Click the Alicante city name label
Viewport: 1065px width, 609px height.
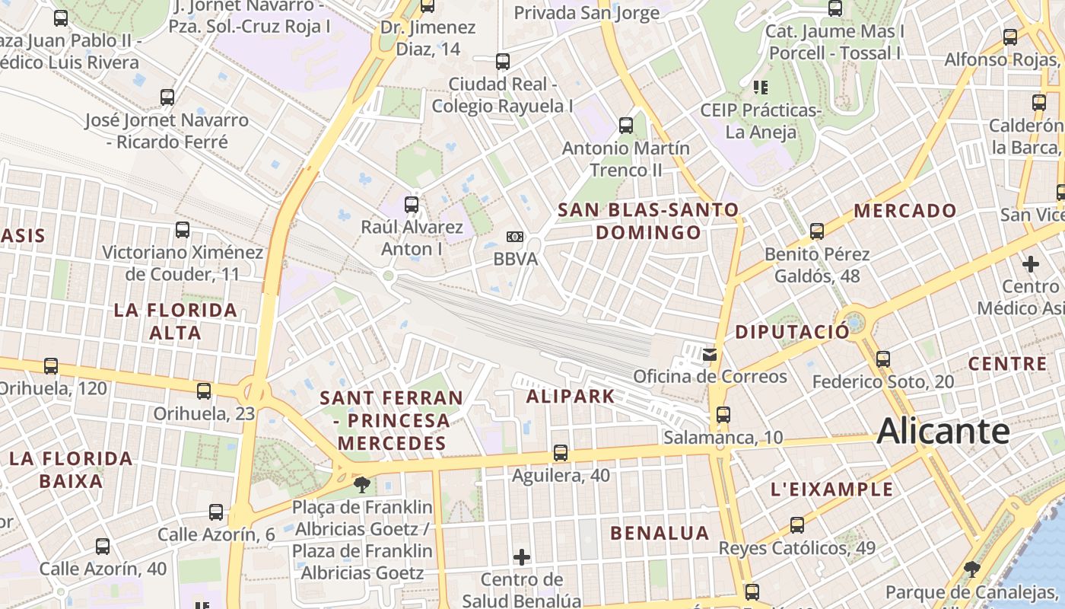pyautogui.click(x=943, y=432)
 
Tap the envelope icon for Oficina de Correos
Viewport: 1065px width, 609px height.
pyautogui.click(x=710, y=354)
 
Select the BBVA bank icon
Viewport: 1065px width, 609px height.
pyautogui.click(x=515, y=237)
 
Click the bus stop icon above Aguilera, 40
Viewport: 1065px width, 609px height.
pyautogui.click(x=561, y=453)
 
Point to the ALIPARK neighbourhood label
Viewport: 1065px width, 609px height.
pyautogui.click(x=571, y=396)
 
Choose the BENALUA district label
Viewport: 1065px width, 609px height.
pyautogui.click(x=660, y=533)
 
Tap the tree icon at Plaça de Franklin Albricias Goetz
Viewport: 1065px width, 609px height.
pyautogui.click(x=362, y=484)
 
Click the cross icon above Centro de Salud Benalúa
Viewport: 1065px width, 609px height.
pyautogui.click(x=522, y=557)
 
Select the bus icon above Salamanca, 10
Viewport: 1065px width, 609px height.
pyautogui.click(x=723, y=415)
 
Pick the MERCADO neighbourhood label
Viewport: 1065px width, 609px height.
pyautogui.click(x=905, y=211)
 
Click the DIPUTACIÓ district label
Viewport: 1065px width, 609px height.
pyautogui.click(x=792, y=332)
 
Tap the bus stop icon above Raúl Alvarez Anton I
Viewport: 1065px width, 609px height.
pyautogui.click(x=412, y=204)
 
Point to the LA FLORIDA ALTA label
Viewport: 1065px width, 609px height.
pyautogui.click(x=176, y=321)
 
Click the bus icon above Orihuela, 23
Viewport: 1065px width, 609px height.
pyautogui.click(x=204, y=391)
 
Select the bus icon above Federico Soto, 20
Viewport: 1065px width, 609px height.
pyautogui.click(x=883, y=359)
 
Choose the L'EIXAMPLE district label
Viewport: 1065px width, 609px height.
pyautogui.click(x=832, y=489)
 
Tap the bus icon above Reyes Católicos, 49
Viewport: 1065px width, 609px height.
pyautogui.click(x=797, y=525)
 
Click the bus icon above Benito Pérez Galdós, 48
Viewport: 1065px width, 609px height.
pyautogui.click(x=817, y=231)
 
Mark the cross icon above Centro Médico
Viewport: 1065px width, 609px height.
pyautogui.click(x=1031, y=264)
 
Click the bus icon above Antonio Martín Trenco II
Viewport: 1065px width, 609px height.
pyautogui.click(x=626, y=126)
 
